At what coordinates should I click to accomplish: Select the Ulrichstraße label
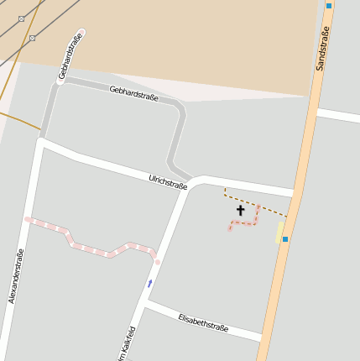(x=168, y=181)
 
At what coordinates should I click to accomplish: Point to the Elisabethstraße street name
(x=203, y=322)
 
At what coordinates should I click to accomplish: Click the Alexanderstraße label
(x=16, y=276)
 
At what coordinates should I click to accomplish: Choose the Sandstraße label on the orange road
(x=323, y=48)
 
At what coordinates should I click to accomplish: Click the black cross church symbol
(x=240, y=210)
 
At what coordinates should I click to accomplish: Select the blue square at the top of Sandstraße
(x=329, y=5)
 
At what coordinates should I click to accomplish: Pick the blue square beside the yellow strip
(x=285, y=239)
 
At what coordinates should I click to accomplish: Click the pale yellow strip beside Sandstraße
(x=279, y=232)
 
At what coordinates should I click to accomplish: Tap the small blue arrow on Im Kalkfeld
(x=149, y=283)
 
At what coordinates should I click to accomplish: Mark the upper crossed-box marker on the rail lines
(x=21, y=18)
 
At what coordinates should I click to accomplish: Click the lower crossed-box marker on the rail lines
(x=32, y=38)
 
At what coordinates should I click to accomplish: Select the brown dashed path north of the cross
(x=252, y=202)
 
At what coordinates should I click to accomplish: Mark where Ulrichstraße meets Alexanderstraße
(x=40, y=142)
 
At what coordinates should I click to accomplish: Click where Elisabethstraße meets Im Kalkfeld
(x=144, y=304)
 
